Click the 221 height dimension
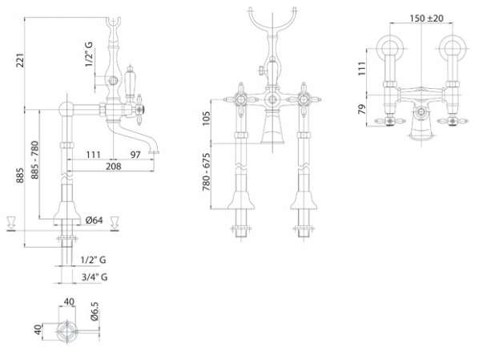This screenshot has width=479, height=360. pos(20,60)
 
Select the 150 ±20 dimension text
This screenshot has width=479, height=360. pos(426,18)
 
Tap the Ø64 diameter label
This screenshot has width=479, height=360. pos(94,220)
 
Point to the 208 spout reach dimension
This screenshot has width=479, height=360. pos(113,167)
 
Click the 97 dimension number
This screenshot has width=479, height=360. pos(135,155)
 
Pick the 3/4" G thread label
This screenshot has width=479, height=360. pos(95,277)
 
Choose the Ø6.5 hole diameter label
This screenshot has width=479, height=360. pos(95,311)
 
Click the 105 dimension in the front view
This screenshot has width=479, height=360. pos(207,118)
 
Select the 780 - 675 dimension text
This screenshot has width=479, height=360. pos(207,172)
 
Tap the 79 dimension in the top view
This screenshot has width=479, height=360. pos(362,109)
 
